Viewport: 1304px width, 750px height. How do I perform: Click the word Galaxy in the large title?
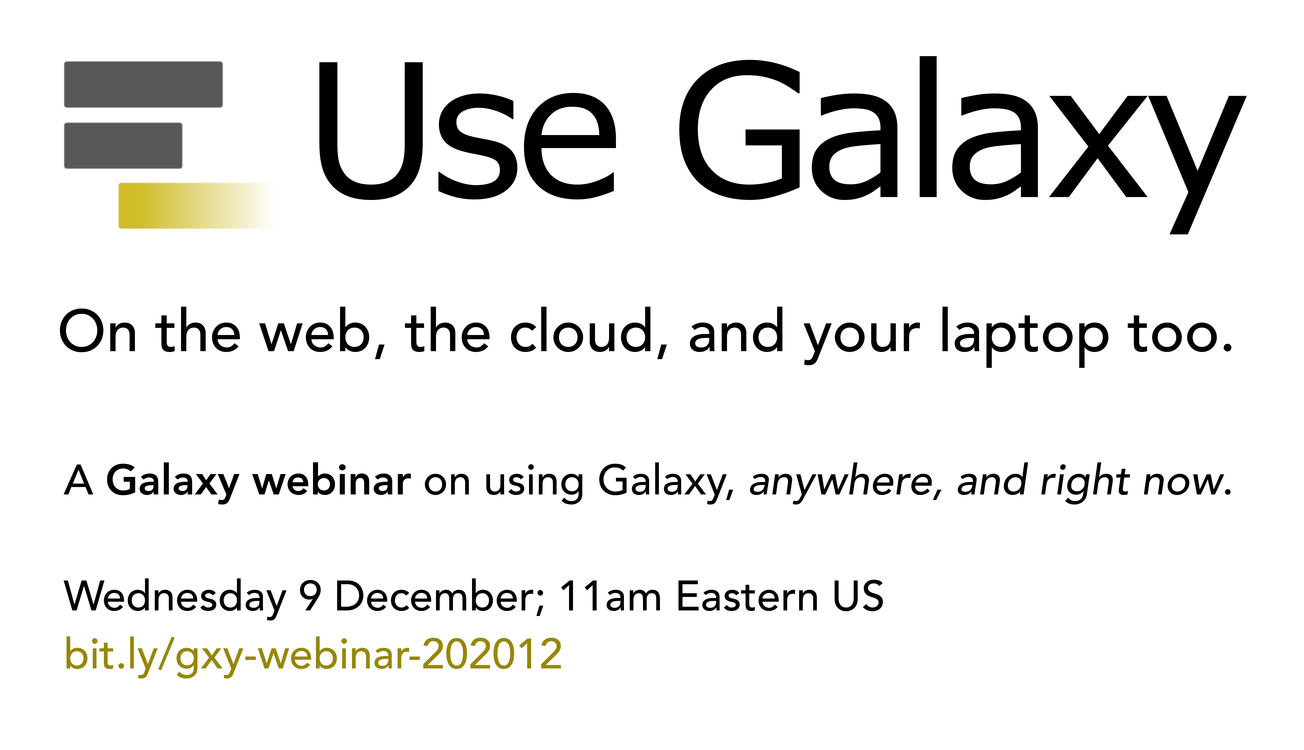pos(962,145)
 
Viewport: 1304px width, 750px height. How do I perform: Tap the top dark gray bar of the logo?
pos(143,84)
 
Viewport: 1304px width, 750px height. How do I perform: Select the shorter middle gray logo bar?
pos(123,145)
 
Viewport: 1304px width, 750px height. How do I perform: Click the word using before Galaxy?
pos(534,483)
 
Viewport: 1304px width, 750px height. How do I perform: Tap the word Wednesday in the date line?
pos(175,597)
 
